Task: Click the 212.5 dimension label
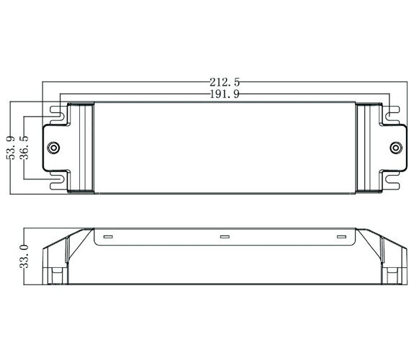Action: pyautogui.click(x=225, y=82)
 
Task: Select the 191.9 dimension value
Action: pyautogui.click(x=225, y=94)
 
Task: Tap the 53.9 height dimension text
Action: pyautogui.click(x=11, y=148)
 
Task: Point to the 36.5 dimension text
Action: pyautogui.click(x=24, y=148)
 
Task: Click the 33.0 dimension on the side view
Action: pyautogui.click(x=24, y=256)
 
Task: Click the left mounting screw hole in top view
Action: pyautogui.click(x=53, y=148)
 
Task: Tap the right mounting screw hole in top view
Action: pyautogui.click(x=396, y=148)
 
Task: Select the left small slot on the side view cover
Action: pyautogui.click(x=108, y=236)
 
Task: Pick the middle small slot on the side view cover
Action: pyautogui.click(x=225, y=236)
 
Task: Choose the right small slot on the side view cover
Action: pyautogui.click(x=341, y=236)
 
